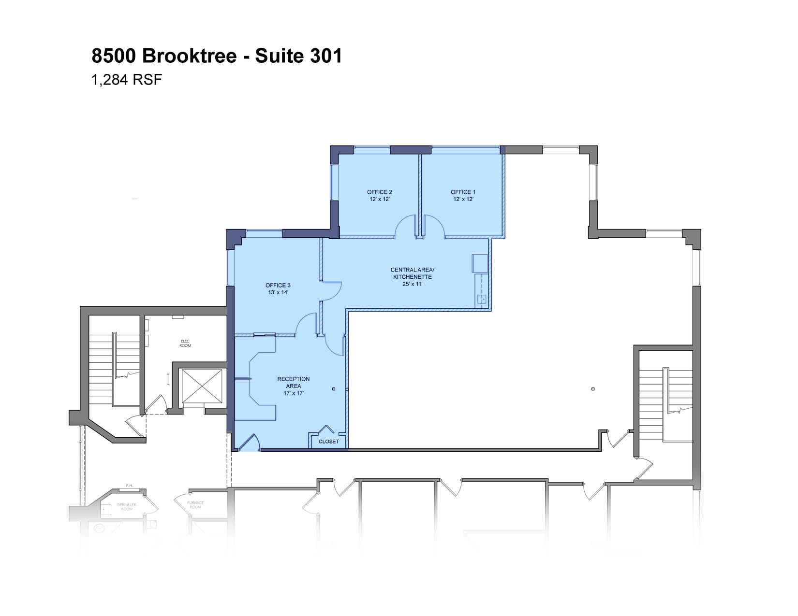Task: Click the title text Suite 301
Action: [298, 56]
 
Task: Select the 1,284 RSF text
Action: [127, 80]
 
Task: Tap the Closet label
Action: [329, 442]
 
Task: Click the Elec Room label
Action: [185, 344]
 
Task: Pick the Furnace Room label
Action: [195, 505]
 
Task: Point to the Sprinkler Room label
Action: [127, 507]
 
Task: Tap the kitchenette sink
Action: [482, 299]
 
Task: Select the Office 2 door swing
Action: [405, 226]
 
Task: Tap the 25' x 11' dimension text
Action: [413, 284]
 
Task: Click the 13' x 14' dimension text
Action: [278, 292]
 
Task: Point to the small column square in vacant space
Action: [593, 389]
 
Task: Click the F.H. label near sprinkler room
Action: [130, 485]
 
